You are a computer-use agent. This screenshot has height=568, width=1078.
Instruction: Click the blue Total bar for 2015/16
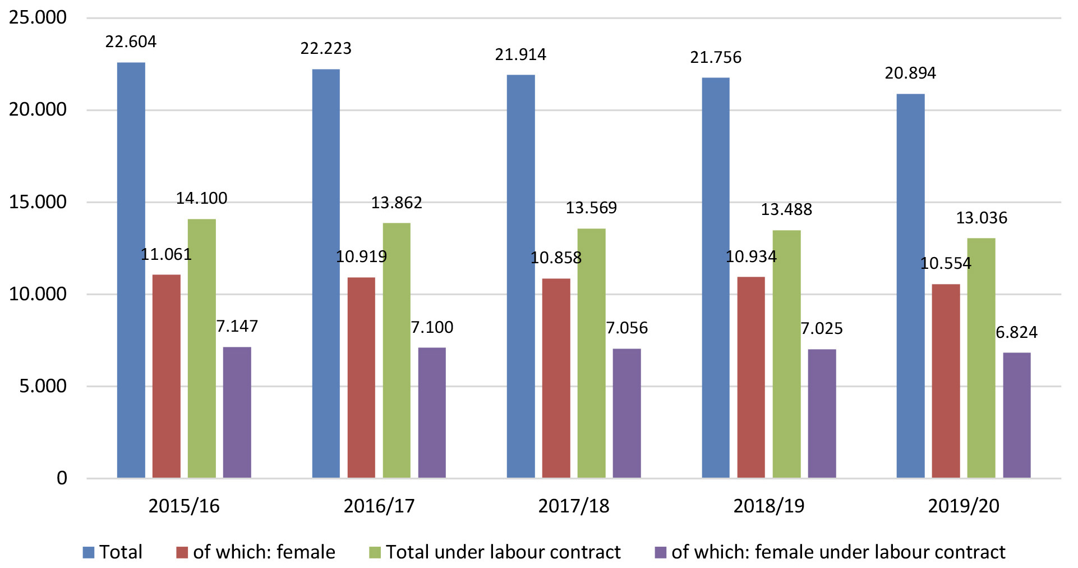tap(131, 270)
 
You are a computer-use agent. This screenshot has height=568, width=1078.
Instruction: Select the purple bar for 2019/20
tap(1016, 415)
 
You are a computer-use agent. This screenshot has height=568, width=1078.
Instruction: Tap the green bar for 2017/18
tap(591, 353)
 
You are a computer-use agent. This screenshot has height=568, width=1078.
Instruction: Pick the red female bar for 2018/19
tap(750, 377)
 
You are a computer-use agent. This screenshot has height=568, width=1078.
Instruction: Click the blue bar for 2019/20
tap(910, 286)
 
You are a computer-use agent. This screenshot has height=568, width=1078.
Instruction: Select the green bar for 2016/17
tap(397, 350)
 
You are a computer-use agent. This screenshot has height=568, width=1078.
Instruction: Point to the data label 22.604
tap(131, 42)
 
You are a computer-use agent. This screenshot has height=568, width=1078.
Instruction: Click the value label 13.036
tap(981, 218)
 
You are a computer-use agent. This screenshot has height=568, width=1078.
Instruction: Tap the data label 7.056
tap(626, 328)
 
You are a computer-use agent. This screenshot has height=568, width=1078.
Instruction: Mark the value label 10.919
tap(361, 256)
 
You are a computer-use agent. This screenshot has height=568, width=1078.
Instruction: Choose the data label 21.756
tap(715, 57)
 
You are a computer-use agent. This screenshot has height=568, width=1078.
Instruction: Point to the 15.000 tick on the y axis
tap(38, 202)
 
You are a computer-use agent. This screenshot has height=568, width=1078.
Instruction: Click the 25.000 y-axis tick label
tap(38, 17)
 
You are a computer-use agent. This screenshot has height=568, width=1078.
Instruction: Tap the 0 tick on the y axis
tap(62, 478)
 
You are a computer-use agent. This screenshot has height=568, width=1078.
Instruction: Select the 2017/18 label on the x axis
tap(573, 506)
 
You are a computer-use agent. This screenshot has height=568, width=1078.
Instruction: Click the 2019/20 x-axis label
tap(963, 506)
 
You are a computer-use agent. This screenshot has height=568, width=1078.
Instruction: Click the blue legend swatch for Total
tap(89, 552)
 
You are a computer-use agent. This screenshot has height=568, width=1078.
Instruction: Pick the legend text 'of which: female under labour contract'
tap(838, 552)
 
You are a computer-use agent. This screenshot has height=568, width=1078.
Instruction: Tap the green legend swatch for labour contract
tap(375, 552)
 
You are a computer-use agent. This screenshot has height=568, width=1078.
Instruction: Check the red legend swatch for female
tap(182, 552)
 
